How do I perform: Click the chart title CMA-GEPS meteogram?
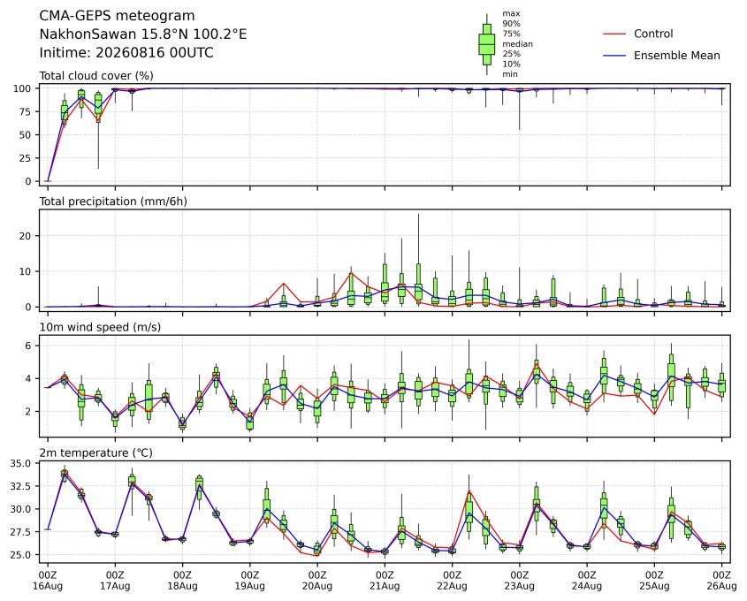(x=117, y=16)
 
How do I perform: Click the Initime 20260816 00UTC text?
(x=126, y=52)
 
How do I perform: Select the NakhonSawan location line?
(x=143, y=34)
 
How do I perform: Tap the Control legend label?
(x=653, y=34)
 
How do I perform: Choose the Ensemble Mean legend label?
(x=676, y=56)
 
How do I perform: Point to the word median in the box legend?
(x=517, y=44)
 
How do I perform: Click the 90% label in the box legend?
(x=511, y=23)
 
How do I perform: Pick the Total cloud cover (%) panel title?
(x=96, y=76)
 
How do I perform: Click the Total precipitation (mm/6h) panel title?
(x=113, y=202)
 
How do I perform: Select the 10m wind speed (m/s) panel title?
(x=100, y=327)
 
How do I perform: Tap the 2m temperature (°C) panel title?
(x=95, y=453)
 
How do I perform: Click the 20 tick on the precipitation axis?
(x=26, y=236)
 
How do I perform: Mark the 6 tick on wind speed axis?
(x=28, y=346)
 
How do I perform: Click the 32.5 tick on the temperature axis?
(x=20, y=486)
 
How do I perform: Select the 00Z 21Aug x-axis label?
(x=385, y=581)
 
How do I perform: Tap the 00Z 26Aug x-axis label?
(x=721, y=581)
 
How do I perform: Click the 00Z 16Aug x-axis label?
(x=47, y=581)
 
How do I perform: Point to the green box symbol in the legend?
(x=486, y=44)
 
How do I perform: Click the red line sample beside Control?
(x=614, y=34)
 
